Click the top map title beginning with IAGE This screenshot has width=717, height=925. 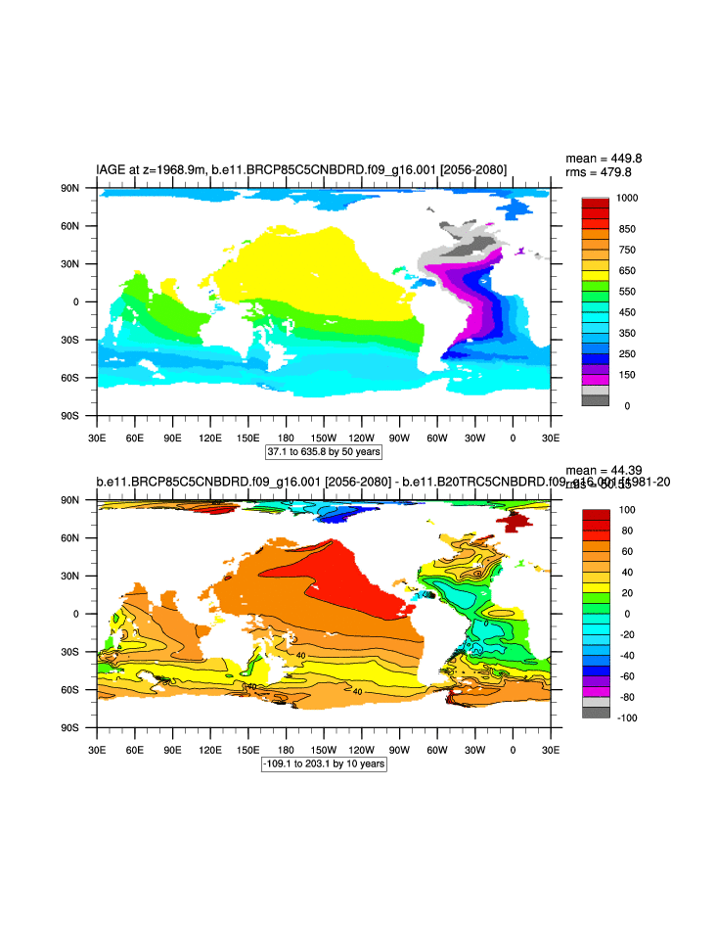301,170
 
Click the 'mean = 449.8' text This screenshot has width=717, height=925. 604,158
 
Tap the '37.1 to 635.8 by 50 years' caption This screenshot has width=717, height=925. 324,452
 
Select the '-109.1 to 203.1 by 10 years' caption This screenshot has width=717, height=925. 324,763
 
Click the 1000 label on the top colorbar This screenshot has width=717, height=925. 629,199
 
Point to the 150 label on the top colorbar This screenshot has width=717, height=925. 626,375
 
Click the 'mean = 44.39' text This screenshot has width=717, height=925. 604,471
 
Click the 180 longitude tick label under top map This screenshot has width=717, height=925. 287,438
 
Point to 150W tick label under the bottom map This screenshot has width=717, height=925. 324,749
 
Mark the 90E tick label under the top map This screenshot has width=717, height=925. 172,438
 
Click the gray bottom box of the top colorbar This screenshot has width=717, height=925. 595,399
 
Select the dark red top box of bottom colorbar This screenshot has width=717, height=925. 595,516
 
